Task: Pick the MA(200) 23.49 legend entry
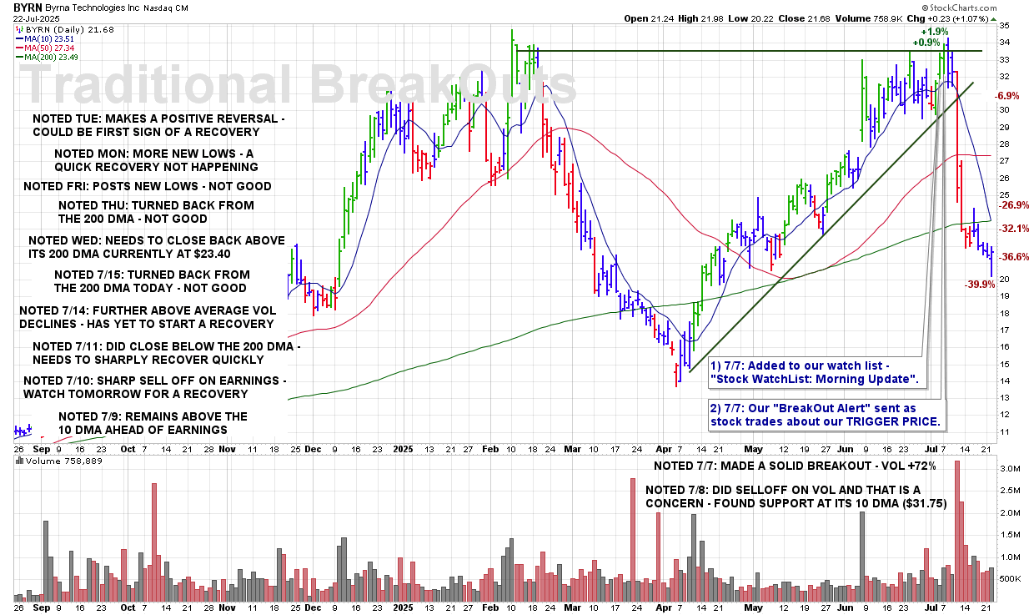point(53,57)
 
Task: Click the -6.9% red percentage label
point(1006,97)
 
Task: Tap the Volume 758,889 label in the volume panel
point(47,460)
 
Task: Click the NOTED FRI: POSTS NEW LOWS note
point(148,186)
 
